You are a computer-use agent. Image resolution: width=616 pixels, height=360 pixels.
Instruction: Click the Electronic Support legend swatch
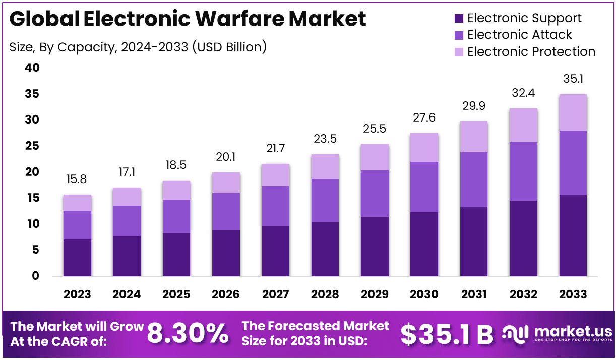point(458,19)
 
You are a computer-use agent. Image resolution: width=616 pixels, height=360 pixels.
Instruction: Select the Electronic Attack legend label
point(519,35)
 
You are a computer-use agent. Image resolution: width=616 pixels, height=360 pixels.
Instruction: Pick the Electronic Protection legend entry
point(531,52)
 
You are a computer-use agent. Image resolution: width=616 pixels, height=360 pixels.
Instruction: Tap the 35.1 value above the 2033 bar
point(573,79)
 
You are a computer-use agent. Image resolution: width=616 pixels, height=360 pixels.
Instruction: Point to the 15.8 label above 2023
point(77,179)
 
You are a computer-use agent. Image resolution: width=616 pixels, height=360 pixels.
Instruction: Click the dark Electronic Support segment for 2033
point(573,235)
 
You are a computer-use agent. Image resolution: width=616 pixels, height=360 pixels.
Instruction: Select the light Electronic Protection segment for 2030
point(424,147)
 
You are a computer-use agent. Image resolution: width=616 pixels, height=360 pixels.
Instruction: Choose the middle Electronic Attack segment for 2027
point(275,206)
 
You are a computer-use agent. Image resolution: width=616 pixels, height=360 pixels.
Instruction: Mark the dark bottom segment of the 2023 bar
point(77,258)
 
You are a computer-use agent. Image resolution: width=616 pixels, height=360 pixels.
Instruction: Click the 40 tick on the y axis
point(32,68)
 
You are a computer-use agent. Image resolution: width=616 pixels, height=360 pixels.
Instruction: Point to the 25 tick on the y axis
point(32,146)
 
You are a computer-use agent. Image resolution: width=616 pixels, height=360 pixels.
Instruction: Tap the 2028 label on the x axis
point(325,294)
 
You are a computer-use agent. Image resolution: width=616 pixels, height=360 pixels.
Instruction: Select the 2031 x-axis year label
point(474,294)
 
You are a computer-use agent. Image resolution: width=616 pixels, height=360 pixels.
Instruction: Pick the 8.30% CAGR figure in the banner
point(188,333)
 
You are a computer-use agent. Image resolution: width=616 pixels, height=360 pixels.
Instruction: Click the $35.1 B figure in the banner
point(447,334)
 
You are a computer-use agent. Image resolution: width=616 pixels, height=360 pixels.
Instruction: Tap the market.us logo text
point(572,331)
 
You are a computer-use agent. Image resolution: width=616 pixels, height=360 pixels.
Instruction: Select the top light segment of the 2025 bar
point(176,190)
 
